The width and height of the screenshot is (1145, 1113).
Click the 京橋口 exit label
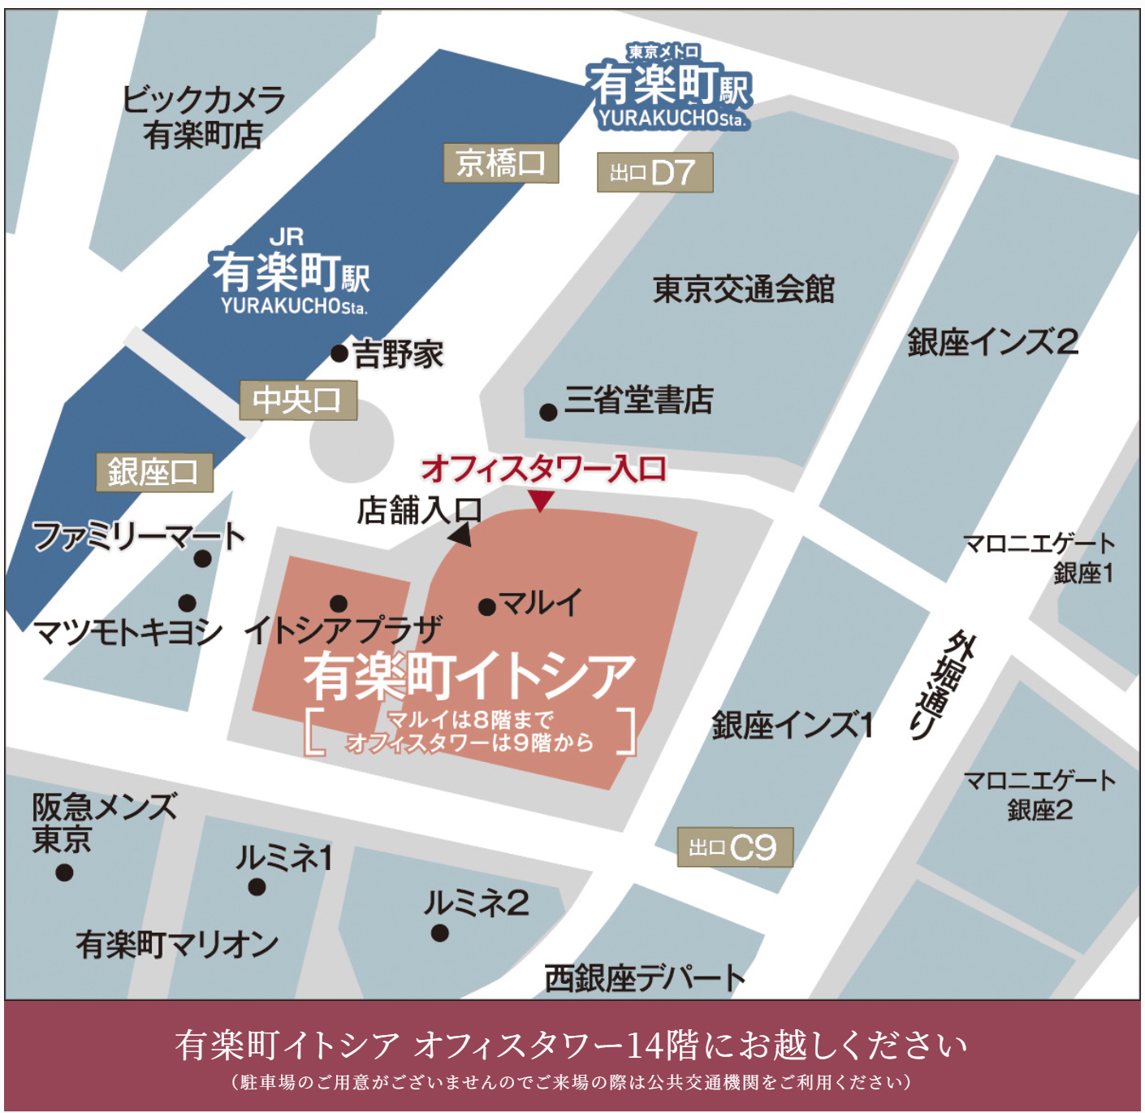click(x=500, y=163)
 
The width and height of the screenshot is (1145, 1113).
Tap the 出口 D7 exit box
click(x=655, y=172)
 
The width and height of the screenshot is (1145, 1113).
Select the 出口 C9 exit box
click(x=735, y=847)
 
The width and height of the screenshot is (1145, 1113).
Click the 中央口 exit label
click(x=298, y=400)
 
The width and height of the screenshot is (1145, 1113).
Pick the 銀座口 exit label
click(x=154, y=472)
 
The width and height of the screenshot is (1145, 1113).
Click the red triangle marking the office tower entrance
click(x=541, y=500)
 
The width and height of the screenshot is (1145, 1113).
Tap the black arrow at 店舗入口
click(x=460, y=535)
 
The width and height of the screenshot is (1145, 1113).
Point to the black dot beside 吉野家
click(x=339, y=353)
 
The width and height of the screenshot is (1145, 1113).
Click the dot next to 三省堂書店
click(x=548, y=412)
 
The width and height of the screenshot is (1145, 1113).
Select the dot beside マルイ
click(x=487, y=607)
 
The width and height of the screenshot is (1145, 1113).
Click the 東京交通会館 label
click(x=743, y=288)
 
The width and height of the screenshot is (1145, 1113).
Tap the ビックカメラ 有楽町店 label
click(x=203, y=117)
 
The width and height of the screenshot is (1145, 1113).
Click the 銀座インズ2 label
click(x=992, y=342)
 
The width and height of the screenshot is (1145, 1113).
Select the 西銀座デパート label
click(x=644, y=977)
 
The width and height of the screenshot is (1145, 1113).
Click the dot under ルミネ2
click(x=439, y=933)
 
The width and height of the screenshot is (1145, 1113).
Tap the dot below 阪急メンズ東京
click(x=64, y=873)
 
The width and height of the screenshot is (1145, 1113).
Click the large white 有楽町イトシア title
click(x=469, y=676)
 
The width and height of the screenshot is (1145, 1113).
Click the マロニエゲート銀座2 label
click(x=1039, y=795)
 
